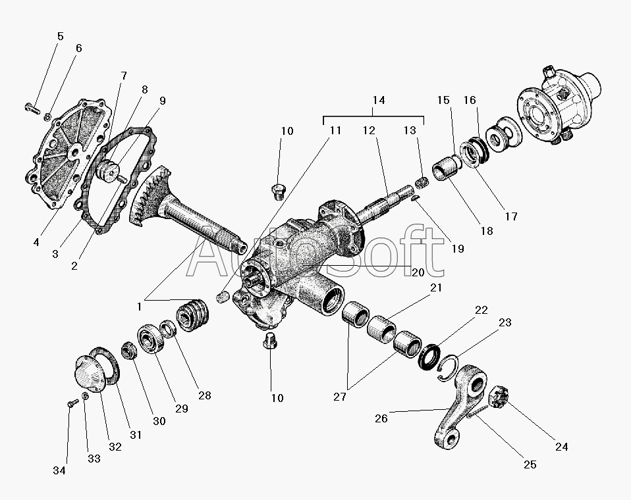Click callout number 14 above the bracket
coord(378,100)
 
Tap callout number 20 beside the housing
coord(418,272)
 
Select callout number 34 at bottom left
coord(59,470)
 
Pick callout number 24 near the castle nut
coord(561,447)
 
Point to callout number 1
coord(139,307)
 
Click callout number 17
coord(511,216)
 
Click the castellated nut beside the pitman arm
coord(499,395)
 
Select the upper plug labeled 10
coord(279,191)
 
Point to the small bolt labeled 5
coord(32,108)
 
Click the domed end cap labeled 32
coord(90,372)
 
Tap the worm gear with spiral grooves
coord(193,315)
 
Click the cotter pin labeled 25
coord(478,413)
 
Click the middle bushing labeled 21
coord(382,329)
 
